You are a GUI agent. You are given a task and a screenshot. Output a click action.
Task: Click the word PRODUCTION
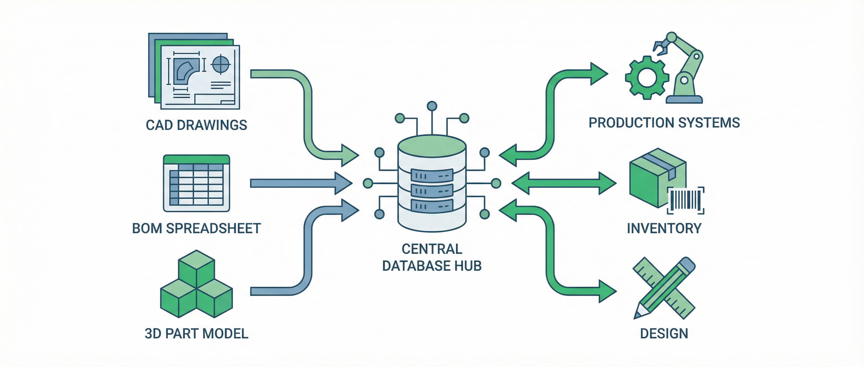point(631,123)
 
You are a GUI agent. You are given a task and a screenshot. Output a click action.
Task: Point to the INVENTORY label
point(664,229)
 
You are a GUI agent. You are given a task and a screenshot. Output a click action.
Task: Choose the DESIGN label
point(664,334)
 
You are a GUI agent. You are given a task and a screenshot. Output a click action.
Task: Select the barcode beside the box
point(685,200)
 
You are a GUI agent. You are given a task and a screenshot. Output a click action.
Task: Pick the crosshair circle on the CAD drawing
point(220,64)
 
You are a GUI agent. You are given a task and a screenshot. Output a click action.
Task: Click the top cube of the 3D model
point(196,267)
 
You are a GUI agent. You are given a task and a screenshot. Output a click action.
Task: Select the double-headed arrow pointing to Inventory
point(563,183)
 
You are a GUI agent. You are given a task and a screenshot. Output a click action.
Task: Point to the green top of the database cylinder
point(432,146)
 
